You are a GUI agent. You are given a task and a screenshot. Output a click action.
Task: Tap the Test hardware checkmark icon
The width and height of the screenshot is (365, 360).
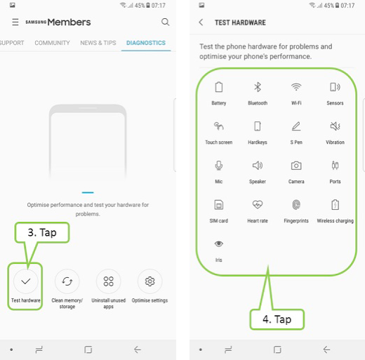26,281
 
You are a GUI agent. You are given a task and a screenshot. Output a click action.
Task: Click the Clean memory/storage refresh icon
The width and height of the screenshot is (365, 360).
67,281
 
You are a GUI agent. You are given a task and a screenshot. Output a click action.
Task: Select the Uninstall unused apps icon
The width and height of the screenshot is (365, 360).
109,281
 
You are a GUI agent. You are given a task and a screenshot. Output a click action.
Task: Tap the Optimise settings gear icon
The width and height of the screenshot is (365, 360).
150,281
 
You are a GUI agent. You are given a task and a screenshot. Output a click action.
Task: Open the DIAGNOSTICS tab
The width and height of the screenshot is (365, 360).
146,43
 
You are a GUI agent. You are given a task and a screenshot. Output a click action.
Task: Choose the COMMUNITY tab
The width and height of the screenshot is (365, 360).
52,43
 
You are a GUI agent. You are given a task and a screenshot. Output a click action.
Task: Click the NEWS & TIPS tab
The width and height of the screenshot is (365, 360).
98,43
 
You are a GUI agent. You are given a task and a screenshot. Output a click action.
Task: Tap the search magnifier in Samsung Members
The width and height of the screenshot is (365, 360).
165,22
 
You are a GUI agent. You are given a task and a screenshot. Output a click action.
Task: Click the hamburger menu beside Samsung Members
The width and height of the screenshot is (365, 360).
15,22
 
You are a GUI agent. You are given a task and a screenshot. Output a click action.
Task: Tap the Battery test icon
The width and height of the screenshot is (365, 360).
219,87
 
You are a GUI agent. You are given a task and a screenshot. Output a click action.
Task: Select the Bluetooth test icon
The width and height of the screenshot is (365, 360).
258,87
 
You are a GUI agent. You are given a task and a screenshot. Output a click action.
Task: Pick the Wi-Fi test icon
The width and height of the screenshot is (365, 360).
296,87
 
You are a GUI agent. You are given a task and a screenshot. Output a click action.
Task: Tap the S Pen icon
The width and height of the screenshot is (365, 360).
296,126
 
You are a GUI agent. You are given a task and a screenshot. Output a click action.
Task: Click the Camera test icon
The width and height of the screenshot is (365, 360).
296,166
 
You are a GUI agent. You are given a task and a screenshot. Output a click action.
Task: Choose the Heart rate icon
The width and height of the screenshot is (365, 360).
258,205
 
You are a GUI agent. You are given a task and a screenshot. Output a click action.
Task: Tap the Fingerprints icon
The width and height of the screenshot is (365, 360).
296,205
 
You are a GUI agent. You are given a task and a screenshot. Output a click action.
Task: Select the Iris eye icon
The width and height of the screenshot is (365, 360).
219,244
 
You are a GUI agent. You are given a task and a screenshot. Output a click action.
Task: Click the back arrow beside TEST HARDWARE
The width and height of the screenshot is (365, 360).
201,22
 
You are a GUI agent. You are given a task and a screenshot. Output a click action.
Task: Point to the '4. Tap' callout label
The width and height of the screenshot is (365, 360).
277,319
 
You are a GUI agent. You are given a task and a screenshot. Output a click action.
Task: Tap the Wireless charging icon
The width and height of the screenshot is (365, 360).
335,205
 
